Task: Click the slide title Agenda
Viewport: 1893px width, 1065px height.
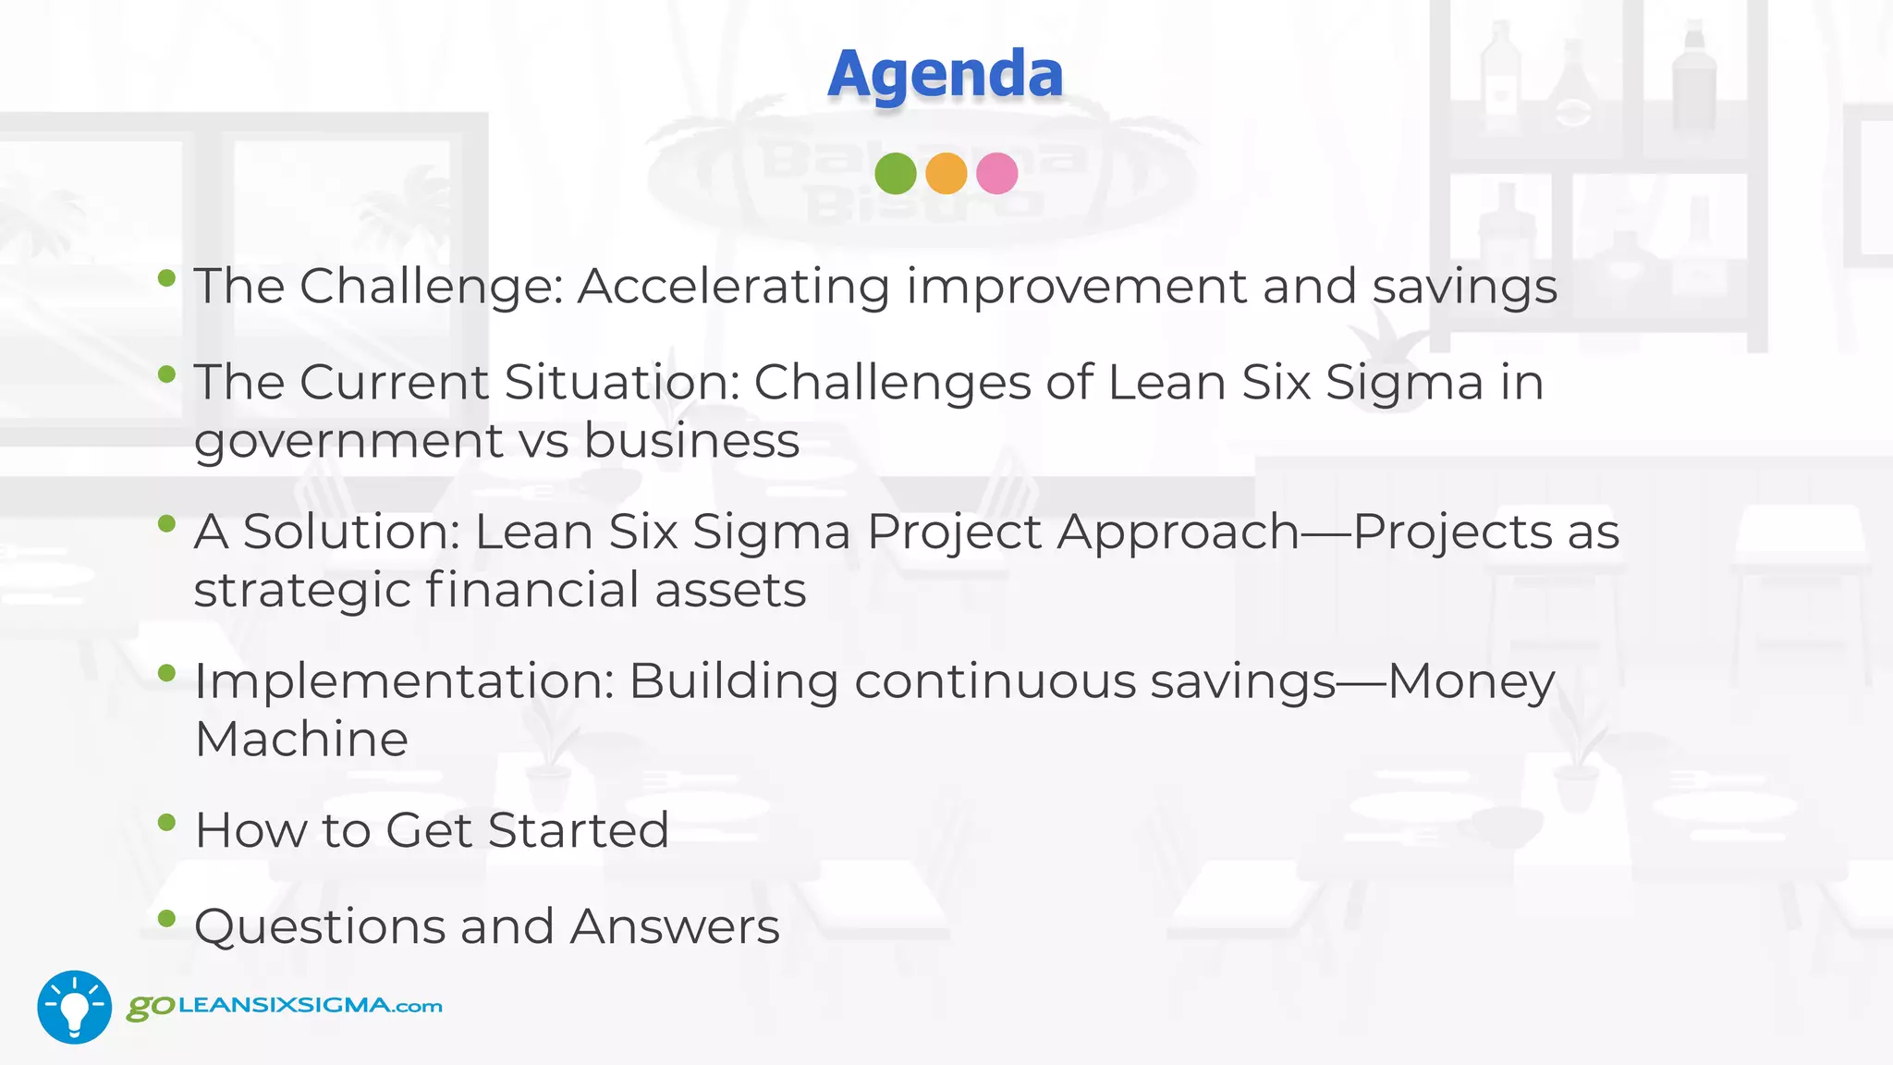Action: [945, 74]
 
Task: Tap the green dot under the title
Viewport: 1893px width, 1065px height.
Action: [895, 174]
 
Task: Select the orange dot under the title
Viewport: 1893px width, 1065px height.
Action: [946, 174]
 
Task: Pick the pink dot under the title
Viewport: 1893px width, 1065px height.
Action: [996, 174]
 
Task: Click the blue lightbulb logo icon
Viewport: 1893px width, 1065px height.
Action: [74, 1007]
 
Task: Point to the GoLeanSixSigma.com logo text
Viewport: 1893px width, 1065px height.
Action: [285, 1006]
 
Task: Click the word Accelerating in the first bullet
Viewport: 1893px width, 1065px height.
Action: [733, 287]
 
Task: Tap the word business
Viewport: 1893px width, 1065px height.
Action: [691, 440]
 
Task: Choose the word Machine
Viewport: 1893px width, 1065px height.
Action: [301, 739]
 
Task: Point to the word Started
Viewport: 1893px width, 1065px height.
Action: [578, 830]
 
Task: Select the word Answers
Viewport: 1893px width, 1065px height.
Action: [675, 926]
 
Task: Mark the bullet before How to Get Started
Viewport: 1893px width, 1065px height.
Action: [166, 822]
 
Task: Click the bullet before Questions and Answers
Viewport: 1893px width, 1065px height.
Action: [166, 918]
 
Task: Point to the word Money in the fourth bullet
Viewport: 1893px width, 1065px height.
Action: [1471, 682]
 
